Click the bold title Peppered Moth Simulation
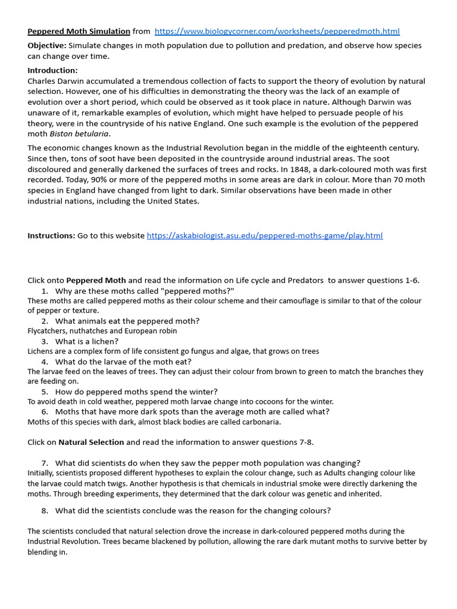pos(79,32)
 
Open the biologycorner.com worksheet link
pos(277,32)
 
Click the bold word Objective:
pos(47,46)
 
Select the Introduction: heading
pos(52,70)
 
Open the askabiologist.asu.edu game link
pos(265,236)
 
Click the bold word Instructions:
pos(51,236)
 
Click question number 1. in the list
pos(45,291)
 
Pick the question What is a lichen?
pos(87,341)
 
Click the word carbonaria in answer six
pos(259,422)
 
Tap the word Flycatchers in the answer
pos(48,331)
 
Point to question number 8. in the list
pos(45,510)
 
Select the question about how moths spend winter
pos(136,392)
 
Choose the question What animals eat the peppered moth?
pos(127,321)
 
